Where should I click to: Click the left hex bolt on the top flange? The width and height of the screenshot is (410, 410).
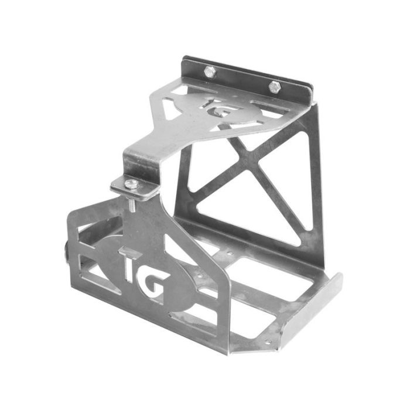coord(210,72)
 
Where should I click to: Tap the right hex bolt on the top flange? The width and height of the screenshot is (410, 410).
coord(274,87)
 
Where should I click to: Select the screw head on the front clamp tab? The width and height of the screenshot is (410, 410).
coord(132,184)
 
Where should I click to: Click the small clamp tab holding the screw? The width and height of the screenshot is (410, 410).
coord(135,187)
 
